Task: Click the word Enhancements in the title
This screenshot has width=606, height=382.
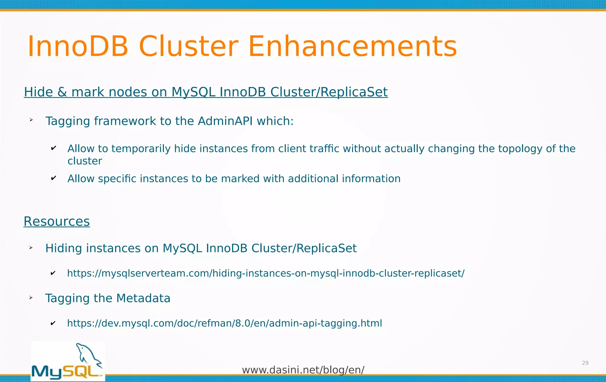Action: point(352,47)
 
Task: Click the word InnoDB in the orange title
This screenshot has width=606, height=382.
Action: point(78,47)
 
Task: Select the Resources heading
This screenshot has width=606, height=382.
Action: point(57,221)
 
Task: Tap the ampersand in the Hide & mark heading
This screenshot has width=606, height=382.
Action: point(62,92)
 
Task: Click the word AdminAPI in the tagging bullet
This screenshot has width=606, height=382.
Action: point(225,121)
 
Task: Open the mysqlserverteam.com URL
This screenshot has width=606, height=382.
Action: point(266,273)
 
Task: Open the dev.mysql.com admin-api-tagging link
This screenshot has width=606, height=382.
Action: point(224,323)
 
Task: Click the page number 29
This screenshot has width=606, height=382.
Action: point(585,363)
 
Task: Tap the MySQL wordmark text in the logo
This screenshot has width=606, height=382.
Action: point(67,372)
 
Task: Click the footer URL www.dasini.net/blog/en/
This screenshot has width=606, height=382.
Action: point(303,370)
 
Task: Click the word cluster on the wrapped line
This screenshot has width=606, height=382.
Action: point(85,161)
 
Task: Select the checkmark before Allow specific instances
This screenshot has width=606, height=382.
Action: point(54,178)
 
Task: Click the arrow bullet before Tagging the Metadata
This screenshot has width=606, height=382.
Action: point(31,298)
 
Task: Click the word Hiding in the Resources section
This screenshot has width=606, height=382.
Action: point(63,248)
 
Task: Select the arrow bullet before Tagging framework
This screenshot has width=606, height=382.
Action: point(31,120)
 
